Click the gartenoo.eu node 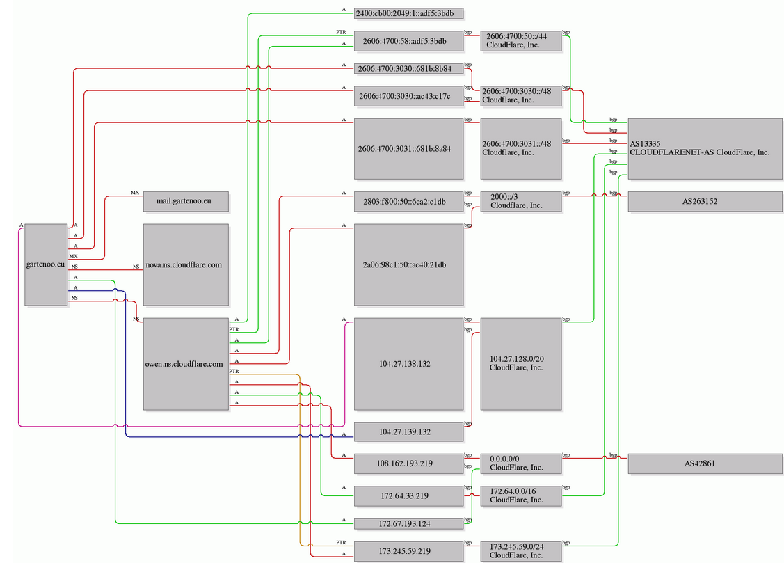46,264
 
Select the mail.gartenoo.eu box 186,201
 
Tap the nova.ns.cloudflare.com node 186,264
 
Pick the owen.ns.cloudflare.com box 186,364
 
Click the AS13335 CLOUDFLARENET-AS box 705,148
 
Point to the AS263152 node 705,202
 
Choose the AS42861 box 705,463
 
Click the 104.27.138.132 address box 408,364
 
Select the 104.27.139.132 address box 408,431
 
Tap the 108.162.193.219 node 408,463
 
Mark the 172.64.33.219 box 408,496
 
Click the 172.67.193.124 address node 408,523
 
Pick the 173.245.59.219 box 408,551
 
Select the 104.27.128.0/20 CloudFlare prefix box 521,364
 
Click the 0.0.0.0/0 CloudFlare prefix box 521,463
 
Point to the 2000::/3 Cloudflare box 521,202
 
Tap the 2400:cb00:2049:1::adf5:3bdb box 408,13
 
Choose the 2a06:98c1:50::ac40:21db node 408,264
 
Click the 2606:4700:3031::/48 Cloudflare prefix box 521,148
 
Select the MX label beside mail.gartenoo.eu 135,193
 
